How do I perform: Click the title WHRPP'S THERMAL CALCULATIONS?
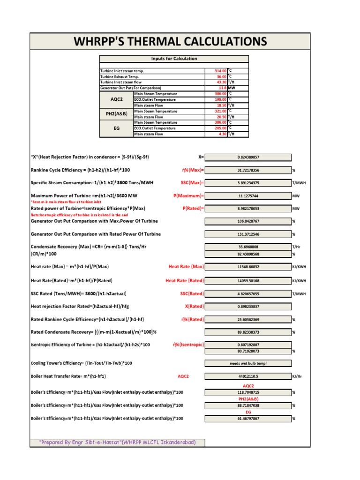[x=170, y=41]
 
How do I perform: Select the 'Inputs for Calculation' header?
[x=174, y=59]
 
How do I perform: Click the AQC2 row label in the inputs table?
[x=116, y=99]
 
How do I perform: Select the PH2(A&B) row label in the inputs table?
[x=116, y=114]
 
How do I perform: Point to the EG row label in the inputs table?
[x=116, y=128]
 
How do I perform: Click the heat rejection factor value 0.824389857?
[x=248, y=157]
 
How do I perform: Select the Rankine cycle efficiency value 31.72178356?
[x=248, y=170]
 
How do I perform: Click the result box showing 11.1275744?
[x=248, y=195]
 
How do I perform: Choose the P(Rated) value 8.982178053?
[x=248, y=208]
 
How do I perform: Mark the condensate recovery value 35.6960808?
[x=248, y=246]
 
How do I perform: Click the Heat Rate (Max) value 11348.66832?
[x=248, y=266]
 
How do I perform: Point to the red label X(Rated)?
[x=194, y=306]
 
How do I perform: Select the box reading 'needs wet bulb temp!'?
[x=248, y=363]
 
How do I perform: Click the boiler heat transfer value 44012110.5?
[x=248, y=376]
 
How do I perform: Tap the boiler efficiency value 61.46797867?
[x=248, y=419]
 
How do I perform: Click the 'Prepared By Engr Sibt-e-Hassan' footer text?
[x=117, y=442]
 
